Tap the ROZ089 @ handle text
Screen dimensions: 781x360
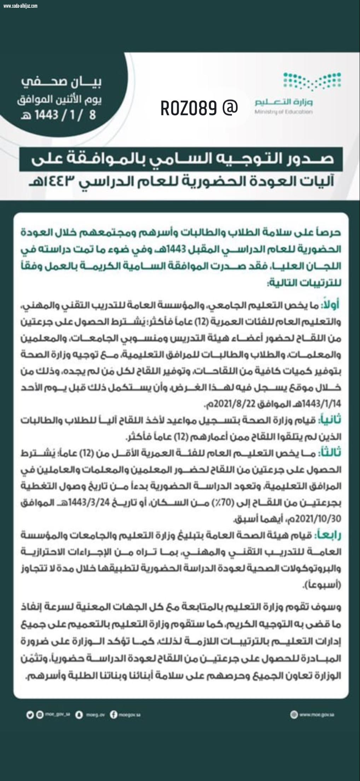click(199, 108)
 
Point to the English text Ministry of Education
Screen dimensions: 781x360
click(283, 112)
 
